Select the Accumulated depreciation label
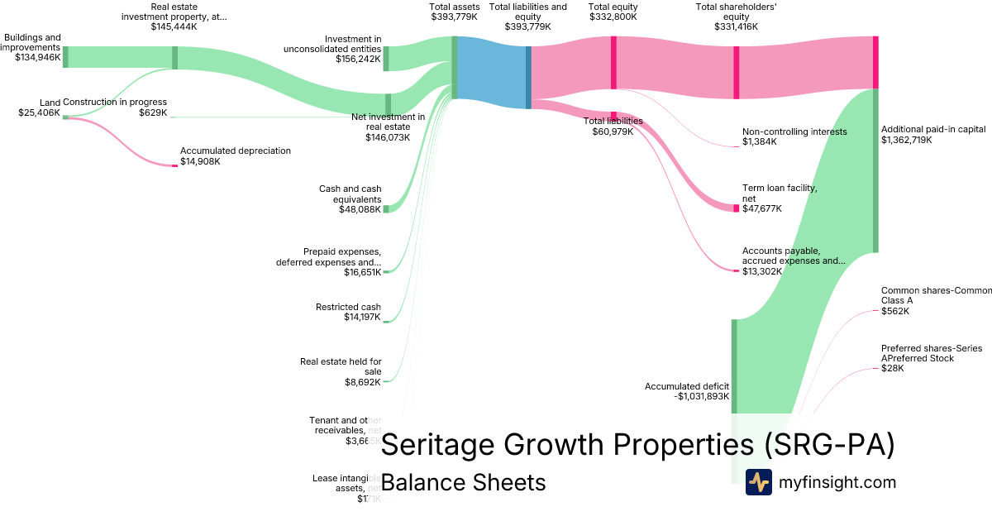236,151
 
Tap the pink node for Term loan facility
736,208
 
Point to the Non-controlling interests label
794,131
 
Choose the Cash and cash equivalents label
350,194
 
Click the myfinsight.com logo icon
758,482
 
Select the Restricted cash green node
385,321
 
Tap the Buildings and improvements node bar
65,57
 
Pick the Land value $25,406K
39,112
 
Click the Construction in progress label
115,103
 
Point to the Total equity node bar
613,61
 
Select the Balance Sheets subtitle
463,483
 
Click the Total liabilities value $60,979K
613,131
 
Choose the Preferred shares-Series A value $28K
892,368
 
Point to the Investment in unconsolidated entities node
386,59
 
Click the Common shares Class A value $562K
894,311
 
